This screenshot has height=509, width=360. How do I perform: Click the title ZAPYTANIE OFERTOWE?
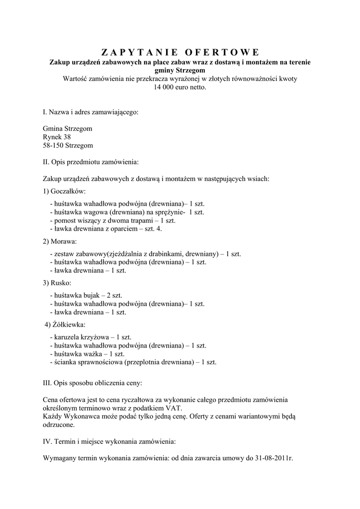[180, 53]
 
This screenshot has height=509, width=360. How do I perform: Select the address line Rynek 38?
[57, 137]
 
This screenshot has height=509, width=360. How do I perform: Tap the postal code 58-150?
[53, 145]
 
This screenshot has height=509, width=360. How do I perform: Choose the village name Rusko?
[61, 283]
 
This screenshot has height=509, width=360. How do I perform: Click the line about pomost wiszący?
[112, 220]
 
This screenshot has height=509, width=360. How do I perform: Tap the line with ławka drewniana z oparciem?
[106, 229]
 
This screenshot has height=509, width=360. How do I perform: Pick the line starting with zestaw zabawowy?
[145, 254]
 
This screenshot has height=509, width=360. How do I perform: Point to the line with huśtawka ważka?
[87, 354]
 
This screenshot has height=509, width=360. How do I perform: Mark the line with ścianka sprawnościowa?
[133, 362]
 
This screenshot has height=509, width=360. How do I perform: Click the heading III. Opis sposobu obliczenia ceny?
[92, 383]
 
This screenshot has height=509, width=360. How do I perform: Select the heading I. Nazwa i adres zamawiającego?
[90, 112]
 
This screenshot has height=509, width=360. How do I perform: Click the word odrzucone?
[59, 425]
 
